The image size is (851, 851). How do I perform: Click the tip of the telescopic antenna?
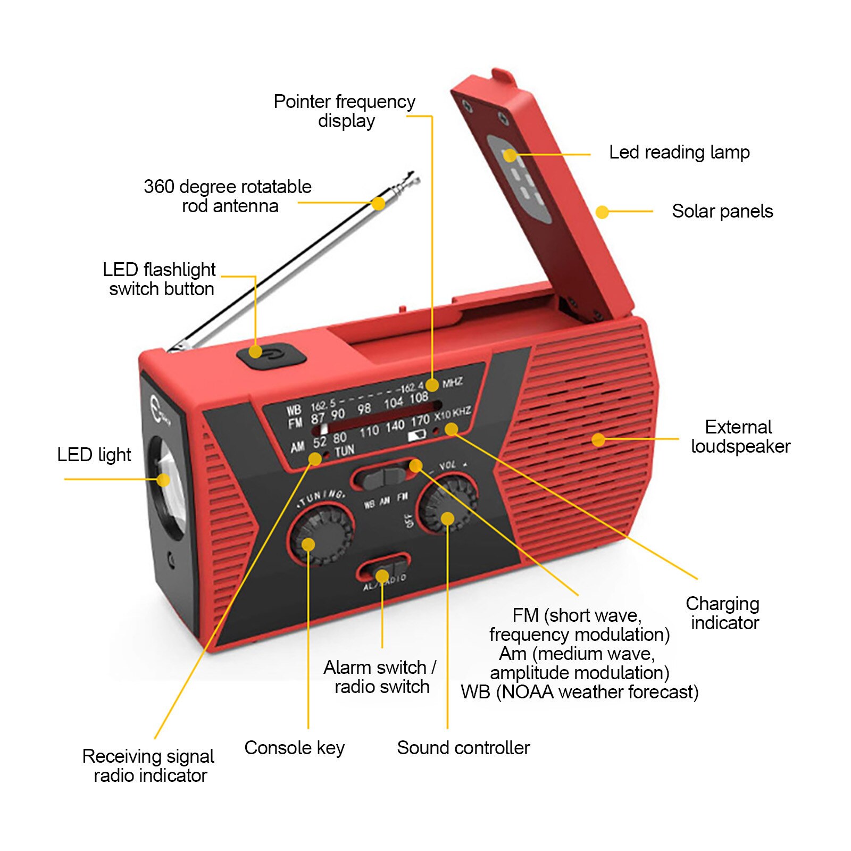tap(412, 176)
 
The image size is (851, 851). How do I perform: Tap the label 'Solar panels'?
tap(722, 211)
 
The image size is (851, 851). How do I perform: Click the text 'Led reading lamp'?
tap(679, 152)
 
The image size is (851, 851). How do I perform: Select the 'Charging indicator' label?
tap(723, 613)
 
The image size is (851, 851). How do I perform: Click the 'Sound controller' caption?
tap(463, 748)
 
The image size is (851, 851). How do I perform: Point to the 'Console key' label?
tap(294, 748)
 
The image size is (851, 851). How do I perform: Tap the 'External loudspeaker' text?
tap(740, 437)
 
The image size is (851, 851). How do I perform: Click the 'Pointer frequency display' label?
tap(345, 111)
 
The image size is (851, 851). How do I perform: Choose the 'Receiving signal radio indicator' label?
tap(149, 765)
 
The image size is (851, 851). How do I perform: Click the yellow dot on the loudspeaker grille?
tap(598, 439)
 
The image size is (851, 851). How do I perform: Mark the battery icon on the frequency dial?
tap(418, 436)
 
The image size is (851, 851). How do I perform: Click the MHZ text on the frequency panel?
tap(452, 382)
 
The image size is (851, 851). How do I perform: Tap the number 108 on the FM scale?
tap(419, 397)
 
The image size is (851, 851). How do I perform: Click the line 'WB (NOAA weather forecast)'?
tap(579, 692)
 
